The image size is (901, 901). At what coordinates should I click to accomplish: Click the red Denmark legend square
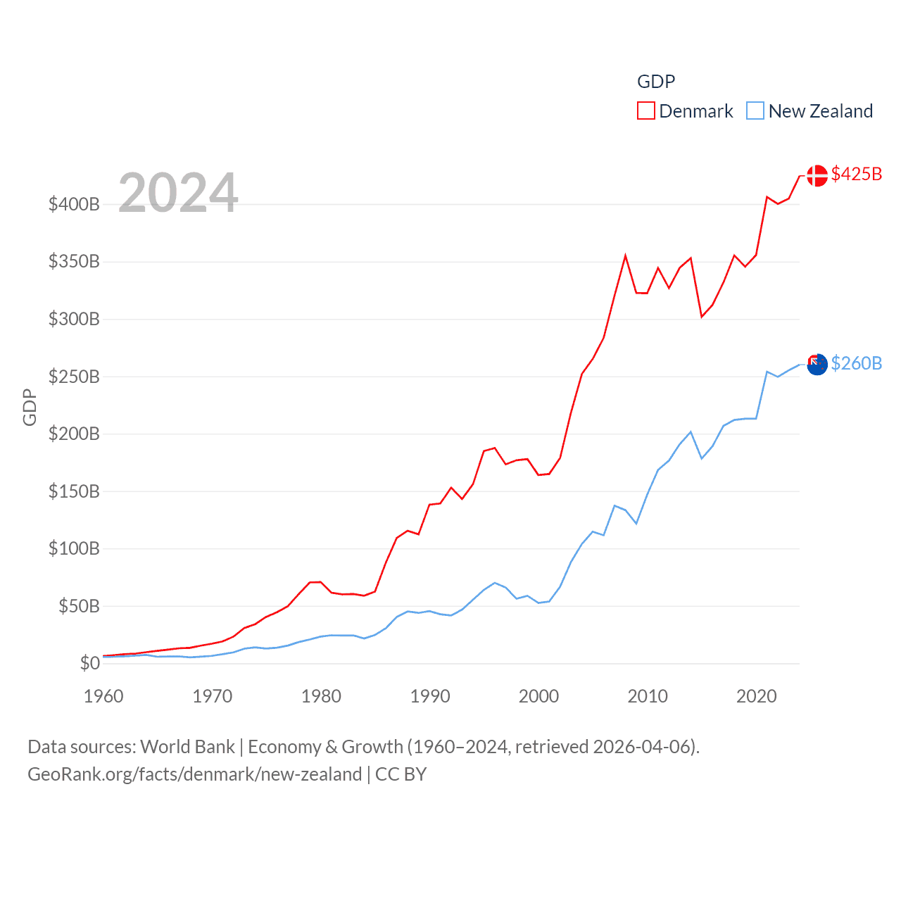(x=645, y=111)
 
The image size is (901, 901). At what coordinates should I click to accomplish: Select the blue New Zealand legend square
(x=755, y=111)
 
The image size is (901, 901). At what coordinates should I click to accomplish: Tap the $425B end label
(x=856, y=174)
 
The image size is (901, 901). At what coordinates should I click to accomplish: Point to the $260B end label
(x=856, y=363)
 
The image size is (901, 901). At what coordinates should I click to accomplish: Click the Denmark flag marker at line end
(x=817, y=175)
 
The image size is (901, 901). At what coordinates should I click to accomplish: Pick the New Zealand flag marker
(x=817, y=365)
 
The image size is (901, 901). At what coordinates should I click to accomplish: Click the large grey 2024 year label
(x=178, y=193)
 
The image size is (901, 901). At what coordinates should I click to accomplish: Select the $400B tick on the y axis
(x=74, y=204)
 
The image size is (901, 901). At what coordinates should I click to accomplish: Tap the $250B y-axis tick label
(x=74, y=377)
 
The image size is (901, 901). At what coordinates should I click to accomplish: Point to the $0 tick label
(x=89, y=663)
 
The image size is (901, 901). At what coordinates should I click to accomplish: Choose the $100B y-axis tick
(x=74, y=548)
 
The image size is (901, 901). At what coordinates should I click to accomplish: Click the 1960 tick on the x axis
(x=103, y=696)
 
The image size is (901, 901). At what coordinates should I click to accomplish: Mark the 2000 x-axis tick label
(x=538, y=696)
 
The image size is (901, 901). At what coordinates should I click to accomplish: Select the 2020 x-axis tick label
(x=756, y=696)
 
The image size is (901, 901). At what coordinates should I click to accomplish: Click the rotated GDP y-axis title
(x=30, y=407)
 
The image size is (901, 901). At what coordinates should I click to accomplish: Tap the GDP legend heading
(x=655, y=82)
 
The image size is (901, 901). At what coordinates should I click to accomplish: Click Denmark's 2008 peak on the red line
(x=625, y=256)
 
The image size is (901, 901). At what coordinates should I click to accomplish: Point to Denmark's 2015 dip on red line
(x=702, y=316)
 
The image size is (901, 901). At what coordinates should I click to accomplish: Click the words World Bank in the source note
(x=188, y=746)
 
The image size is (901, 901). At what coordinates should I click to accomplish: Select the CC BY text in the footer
(x=401, y=774)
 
